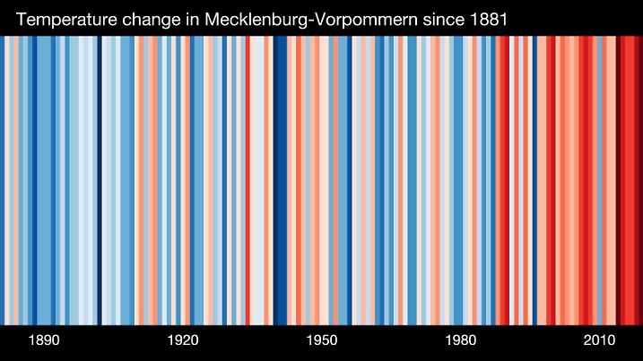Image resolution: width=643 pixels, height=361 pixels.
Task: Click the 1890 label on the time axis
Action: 44,341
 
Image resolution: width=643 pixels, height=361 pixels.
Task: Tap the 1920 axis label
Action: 183,341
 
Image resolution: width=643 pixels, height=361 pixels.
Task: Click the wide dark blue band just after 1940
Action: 280,179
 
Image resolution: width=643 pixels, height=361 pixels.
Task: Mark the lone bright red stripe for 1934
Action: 248,179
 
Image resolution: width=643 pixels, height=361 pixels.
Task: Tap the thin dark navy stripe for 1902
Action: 100,179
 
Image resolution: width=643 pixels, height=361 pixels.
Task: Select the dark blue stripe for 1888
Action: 35,179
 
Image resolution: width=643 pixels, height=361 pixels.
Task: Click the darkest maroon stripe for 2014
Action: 618,179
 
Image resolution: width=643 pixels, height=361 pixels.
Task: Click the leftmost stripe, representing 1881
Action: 3,179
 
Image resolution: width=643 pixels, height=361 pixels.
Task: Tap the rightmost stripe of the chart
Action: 640,179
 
